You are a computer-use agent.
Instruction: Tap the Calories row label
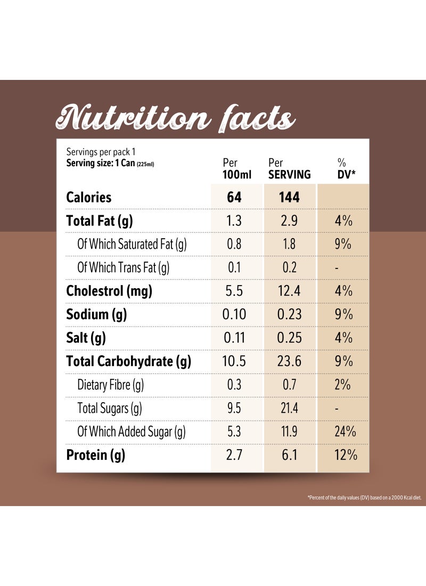pos(89,197)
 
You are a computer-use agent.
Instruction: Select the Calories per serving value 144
pos(289,197)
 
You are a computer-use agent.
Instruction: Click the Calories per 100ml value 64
pos(234,197)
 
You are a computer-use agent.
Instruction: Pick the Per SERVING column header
pos(289,168)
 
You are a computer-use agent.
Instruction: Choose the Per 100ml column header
pos(234,168)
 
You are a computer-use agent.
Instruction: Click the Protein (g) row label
pos(95,455)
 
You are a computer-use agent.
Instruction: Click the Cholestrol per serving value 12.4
pos(289,291)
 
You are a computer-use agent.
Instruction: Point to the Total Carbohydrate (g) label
pos(128,361)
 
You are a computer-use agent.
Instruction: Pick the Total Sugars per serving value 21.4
pos(289,409)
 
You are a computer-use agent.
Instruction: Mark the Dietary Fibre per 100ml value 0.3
pos(234,385)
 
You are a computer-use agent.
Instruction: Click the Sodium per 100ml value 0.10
pos(234,314)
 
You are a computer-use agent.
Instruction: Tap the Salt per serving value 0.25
pos(289,338)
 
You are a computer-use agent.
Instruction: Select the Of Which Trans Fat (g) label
pos(124,267)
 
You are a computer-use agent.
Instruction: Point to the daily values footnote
pos(364,498)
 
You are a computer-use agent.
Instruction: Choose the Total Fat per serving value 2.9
pos(289,221)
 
